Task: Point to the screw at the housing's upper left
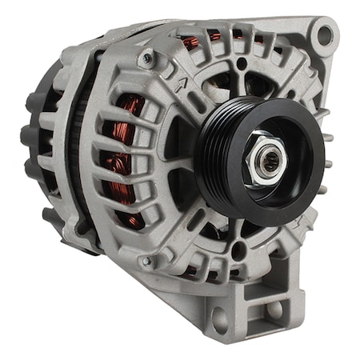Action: click(146, 58)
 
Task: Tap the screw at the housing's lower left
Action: click(146, 262)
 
